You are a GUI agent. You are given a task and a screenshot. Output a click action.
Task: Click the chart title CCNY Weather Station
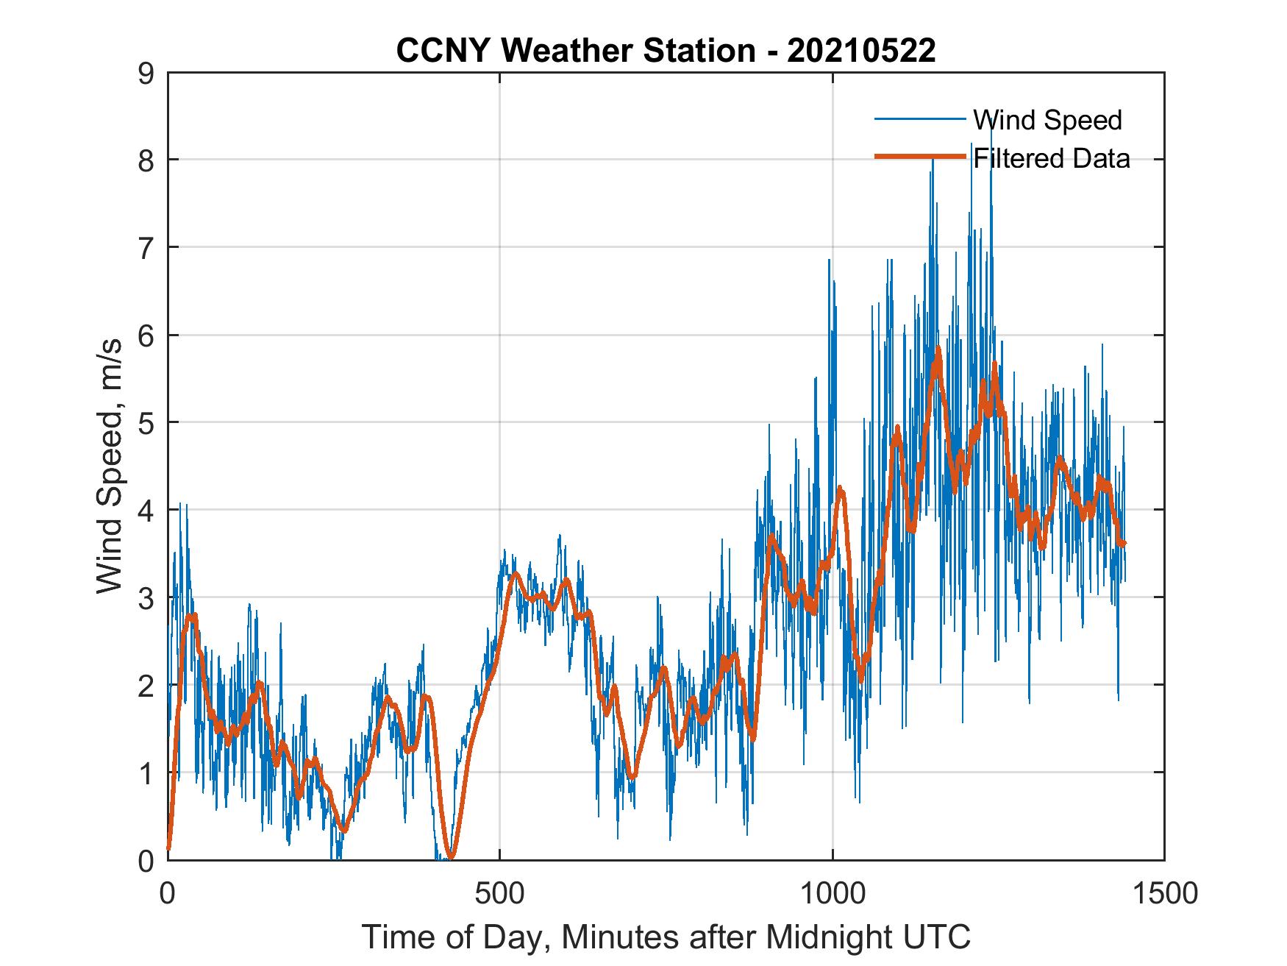pyautogui.click(x=575, y=51)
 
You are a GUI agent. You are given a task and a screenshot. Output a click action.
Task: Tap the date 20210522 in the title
pyautogui.click(x=861, y=51)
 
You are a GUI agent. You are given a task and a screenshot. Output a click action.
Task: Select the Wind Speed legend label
pyautogui.click(x=1047, y=120)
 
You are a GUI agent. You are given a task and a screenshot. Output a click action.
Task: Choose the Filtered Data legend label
pyautogui.click(x=1052, y=158)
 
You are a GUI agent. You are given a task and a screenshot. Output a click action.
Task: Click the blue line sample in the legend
pyautogui.click(x=919, y=119)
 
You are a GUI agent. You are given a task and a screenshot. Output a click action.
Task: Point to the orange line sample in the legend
pyautogui.click(x=919, y=157)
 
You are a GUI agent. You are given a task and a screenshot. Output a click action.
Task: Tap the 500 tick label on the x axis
pyautogui.click(x=500, y=893)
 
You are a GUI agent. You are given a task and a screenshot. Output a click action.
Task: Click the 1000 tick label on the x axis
pyautogui.click(x=833, y=893)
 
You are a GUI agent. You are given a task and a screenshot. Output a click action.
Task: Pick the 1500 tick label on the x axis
pyautogui.click(x=1164, y=893)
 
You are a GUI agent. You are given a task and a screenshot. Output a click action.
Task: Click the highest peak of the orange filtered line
pyautogui.click(x=938, y=349)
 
